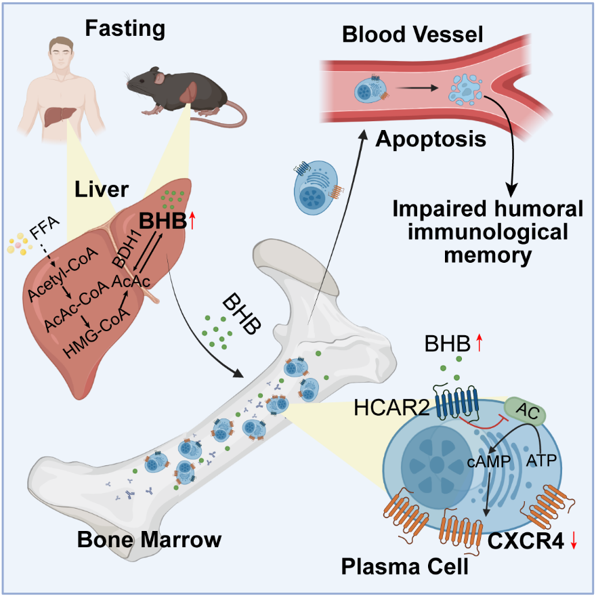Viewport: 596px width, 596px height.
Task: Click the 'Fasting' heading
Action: pos(125,28)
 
